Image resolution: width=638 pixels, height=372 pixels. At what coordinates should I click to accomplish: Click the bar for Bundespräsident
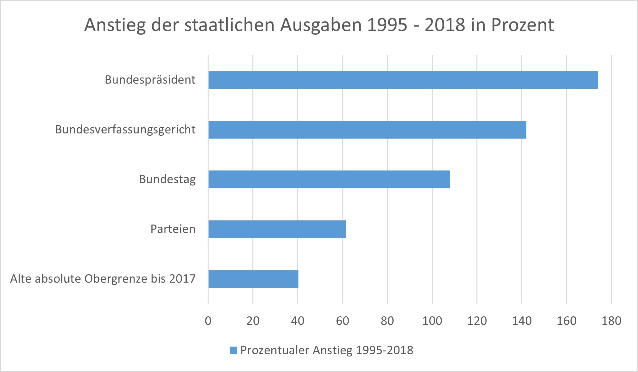pos(403,80)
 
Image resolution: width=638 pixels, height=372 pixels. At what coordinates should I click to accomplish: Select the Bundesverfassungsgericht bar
pos(367,130)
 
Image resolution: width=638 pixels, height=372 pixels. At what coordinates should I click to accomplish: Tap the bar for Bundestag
pos(329,179)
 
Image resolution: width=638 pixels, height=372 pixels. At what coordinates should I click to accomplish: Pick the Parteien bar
pos(277,229)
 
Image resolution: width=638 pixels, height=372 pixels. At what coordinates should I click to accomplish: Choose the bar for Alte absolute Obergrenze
pos(253,279)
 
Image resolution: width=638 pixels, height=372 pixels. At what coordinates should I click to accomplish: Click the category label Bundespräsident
pos(150,80)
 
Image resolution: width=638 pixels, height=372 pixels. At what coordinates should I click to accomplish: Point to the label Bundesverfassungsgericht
pos(125,130)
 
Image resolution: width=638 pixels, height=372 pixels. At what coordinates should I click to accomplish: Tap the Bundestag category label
pos(167,179)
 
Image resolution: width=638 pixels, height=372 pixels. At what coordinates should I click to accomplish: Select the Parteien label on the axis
pos(173,229)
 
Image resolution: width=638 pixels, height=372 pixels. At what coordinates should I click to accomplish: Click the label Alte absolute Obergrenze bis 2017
pos(103,279)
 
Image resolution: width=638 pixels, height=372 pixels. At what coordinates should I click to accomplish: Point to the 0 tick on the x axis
pos(208,321)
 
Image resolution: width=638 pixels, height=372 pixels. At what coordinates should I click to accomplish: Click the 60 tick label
pos(342,321)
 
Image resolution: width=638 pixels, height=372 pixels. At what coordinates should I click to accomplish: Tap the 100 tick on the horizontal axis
pos(432,321)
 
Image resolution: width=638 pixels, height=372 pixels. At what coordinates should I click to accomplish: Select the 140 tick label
pos(522,321)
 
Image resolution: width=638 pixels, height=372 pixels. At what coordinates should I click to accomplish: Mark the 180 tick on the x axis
pos(611,321)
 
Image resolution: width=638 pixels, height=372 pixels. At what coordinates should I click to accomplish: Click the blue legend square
pos(233,350)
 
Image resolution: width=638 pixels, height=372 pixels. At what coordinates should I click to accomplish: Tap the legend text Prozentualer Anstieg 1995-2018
pos(327,350)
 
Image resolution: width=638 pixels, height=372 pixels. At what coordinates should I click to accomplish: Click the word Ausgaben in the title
pos(321,25)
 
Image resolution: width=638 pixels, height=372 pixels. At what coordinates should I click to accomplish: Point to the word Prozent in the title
pos(522,25)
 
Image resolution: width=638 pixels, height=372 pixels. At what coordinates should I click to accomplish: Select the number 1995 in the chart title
pos(387,25)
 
